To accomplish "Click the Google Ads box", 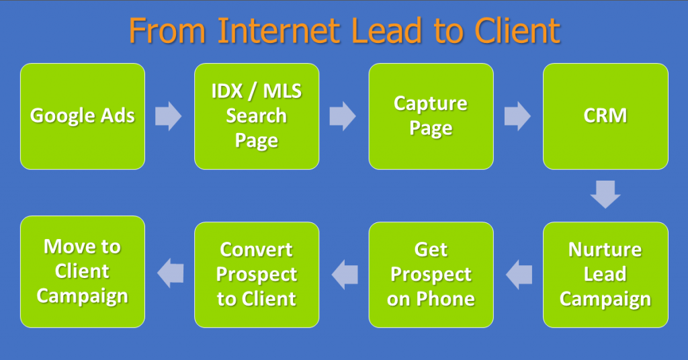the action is pos(83,116).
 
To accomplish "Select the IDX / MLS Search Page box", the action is pos(257,116).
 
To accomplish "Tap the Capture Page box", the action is pos(431,116).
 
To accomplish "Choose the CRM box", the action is pos(605,116).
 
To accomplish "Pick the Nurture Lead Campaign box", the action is pos(605,275).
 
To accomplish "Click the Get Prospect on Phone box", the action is pos(431,275).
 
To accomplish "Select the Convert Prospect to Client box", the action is pos(257,275).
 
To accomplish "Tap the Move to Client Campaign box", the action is pos(83,271).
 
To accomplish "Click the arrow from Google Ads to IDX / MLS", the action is pos(168,116).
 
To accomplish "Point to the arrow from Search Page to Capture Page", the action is pos(343,116).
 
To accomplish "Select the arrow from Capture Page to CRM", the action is pos(517,116).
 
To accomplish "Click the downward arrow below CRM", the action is pos(605,194).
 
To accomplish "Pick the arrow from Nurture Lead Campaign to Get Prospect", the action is pos(519,275).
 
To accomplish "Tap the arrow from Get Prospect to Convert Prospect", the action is pos(345,275).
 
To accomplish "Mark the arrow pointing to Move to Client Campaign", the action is pos(170,273).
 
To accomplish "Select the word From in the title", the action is pos(167,31).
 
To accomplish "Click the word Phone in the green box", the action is pos(445,299).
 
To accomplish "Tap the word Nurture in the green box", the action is pos(605,249).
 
